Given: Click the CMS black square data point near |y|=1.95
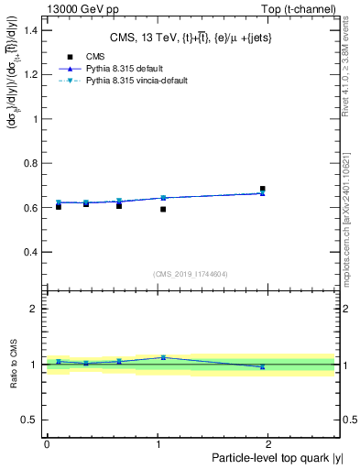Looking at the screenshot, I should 262,190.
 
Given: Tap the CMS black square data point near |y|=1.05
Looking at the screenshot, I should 163,210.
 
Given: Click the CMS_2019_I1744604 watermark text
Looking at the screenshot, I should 190,274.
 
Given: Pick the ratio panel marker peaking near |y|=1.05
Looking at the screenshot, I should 163,358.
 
